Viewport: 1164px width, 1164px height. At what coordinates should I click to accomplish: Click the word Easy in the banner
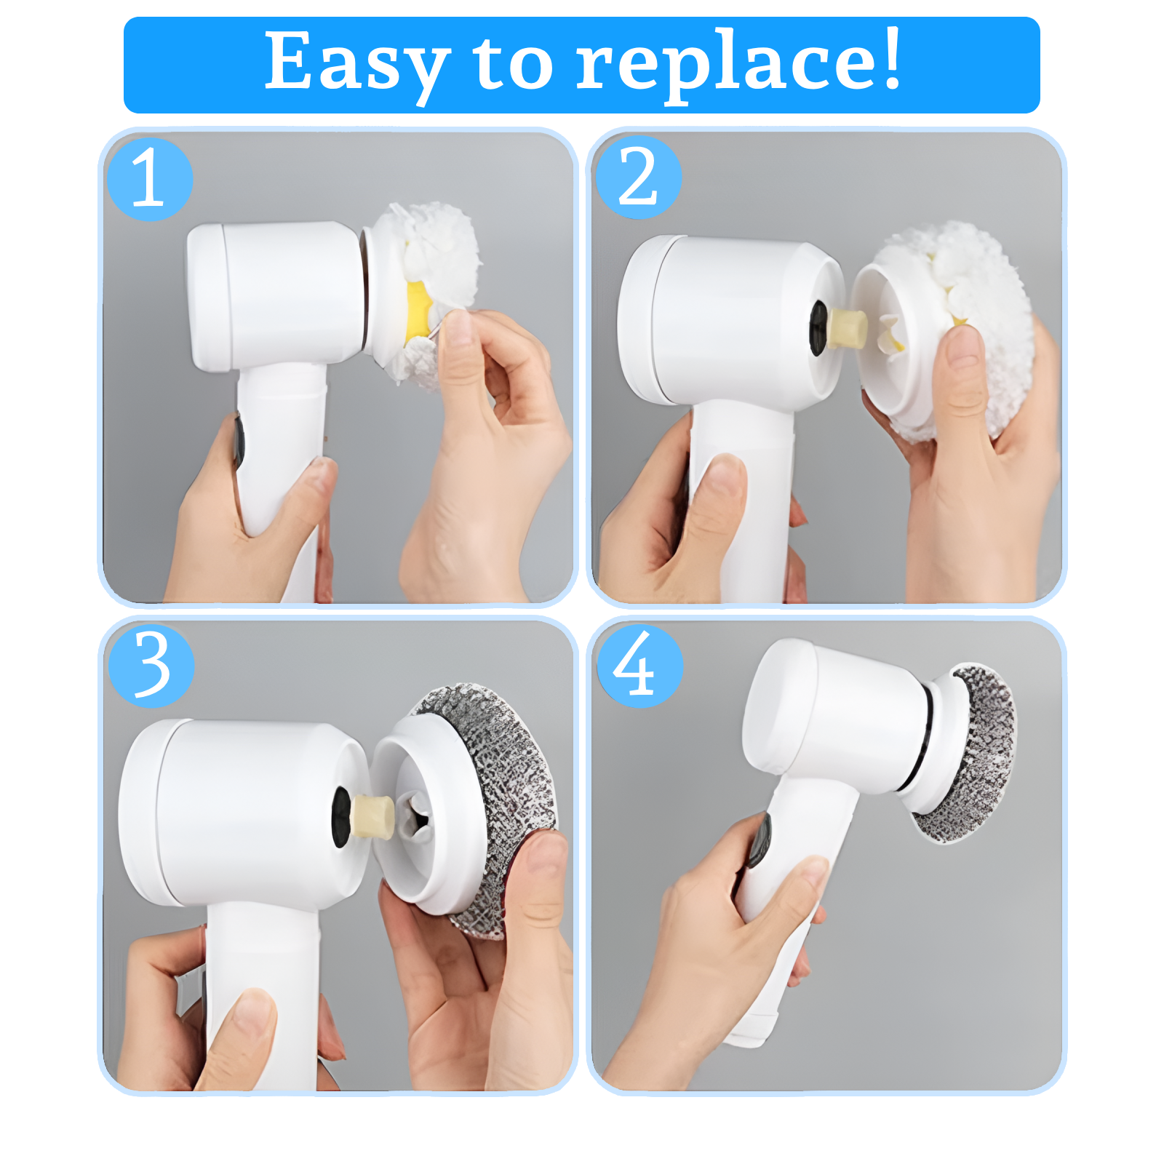[356, 64]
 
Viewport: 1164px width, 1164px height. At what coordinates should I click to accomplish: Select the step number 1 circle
[150, 179]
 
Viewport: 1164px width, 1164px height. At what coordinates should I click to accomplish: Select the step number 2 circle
[638, 177]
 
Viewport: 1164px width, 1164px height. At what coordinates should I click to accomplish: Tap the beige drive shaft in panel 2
[848, 327]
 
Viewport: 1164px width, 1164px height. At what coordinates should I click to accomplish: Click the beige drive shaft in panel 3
[372, 815]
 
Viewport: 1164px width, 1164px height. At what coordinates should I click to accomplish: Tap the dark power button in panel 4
[760, 840]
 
